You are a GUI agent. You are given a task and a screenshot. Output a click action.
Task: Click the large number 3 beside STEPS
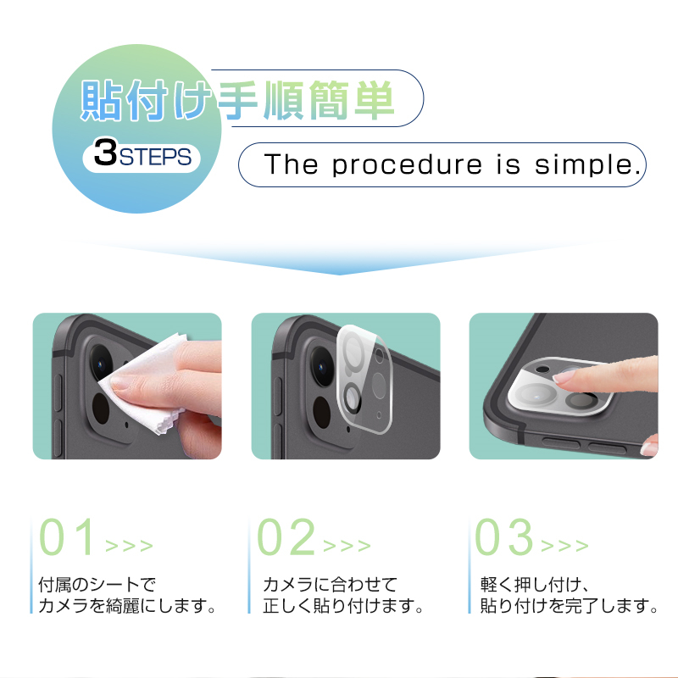(x=105, y=153)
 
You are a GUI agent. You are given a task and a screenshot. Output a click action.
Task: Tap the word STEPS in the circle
(x=155, y=157)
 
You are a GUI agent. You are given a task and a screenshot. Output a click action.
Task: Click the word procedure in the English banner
(x=407, y=164)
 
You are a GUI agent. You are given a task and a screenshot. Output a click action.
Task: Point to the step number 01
(x=67, y=536)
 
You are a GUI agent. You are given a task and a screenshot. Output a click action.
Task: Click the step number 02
(x=286, y=536)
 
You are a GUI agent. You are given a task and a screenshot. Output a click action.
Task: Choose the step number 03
(x=503, y=536)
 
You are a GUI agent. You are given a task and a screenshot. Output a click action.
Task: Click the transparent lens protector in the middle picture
(x=364, y=379)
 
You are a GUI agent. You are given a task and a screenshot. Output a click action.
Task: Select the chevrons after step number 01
(x=129, y=546)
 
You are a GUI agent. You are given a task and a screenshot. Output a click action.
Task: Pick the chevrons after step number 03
(x=564, y=546)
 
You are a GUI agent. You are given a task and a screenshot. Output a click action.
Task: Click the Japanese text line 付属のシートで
(x=97, y=585)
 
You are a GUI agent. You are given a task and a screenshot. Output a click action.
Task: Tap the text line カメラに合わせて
(x=330, y=585)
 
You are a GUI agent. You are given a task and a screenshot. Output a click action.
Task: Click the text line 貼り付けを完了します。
(x=569, y=606)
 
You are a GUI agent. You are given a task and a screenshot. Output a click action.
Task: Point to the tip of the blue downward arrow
(x=339, y=275)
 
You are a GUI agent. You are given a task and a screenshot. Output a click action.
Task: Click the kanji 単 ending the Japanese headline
(x=374, y=100)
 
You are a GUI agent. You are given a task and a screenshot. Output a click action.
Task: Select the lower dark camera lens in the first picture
(x=101, y=408)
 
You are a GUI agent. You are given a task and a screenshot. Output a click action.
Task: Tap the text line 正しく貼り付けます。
(x=343, y=606)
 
